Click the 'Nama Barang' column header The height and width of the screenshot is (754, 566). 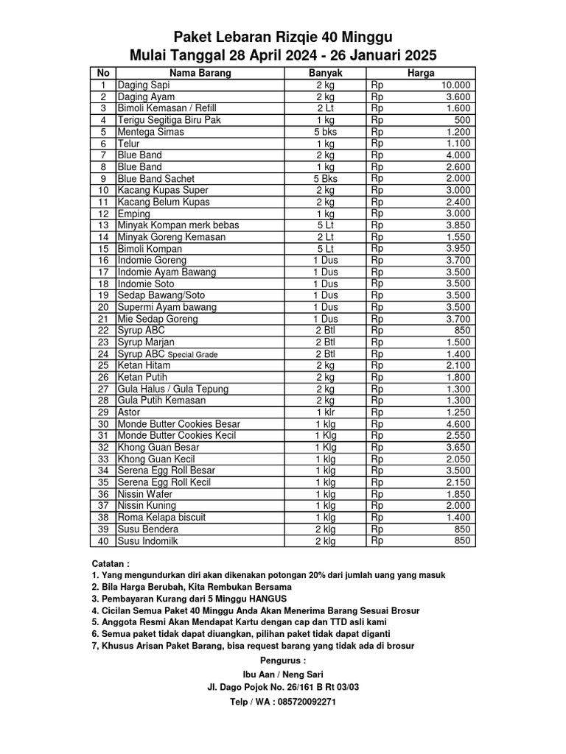[x=200, y=73]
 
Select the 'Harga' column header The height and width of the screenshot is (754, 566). [x=421, y=73]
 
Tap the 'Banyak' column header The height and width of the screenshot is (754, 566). [x=325, y=73]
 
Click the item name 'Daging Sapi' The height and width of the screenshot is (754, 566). [x=144, y=85]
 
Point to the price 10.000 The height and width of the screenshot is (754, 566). [x=456, y=85]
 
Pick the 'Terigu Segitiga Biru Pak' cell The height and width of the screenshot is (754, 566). [x=169, y=120]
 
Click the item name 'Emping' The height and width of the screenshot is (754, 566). [x=133, y=214]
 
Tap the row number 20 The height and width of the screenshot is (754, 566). [x=103, y=307]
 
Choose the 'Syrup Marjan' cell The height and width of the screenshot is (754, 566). [x=147, y=342]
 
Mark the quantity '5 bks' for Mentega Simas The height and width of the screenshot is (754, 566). [x=325, y=132]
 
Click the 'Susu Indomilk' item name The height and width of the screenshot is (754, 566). [x=147, y=541]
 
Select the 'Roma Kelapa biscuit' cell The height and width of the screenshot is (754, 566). [x=161, y=518]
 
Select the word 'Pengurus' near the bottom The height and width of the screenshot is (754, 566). [x=282, y=660]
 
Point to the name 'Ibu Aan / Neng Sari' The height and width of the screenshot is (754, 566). [x=283, y=674]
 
